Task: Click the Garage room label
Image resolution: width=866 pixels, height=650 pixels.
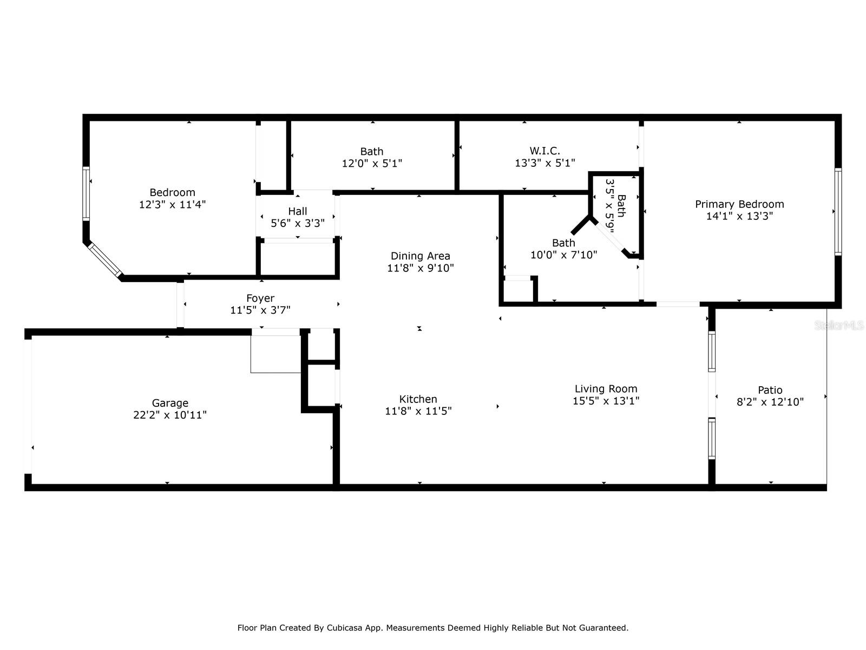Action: pos(170,403)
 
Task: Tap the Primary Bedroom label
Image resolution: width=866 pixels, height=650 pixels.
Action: pos(739,204)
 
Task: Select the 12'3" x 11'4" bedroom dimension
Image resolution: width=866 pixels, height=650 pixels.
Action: pos(173,204)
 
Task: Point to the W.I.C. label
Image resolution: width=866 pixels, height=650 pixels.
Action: pos(544,151)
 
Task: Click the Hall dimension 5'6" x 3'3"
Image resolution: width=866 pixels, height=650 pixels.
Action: pos(298,223)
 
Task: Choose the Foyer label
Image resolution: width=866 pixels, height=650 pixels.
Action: pos(260,298)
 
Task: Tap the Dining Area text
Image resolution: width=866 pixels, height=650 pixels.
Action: pos(420,256)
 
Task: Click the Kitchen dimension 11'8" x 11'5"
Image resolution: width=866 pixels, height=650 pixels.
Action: pos(418,411)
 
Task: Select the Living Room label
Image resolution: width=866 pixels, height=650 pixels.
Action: pos(606,389)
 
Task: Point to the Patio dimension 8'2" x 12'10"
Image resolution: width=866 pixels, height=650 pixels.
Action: pos(770,402)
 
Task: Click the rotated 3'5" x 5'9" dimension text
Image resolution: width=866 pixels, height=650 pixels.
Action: pos(611,206)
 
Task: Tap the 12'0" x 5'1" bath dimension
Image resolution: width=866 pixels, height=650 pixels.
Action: pos(372,164)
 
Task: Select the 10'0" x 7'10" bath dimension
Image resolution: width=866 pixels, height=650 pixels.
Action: pos(563,255)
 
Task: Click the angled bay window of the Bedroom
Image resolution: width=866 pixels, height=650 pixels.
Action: pos(105,259)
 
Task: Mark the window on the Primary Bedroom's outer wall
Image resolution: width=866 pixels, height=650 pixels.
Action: pos(838,212)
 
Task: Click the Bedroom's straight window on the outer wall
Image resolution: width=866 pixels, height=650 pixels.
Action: pos(86,193)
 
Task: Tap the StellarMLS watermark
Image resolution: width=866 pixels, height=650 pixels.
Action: pos(838,326)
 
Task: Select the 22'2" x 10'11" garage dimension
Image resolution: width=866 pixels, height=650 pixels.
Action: pos(170,415)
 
